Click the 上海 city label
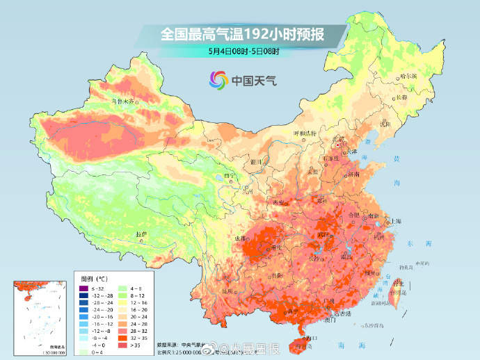(396, 220)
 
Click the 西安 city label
(279, 202)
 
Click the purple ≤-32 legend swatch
(83, 288)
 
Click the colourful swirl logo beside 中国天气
(218, 81)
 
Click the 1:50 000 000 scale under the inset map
(41, 352)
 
